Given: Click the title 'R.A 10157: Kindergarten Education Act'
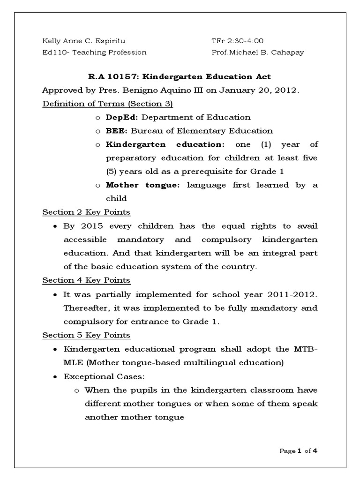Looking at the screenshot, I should pos(180,76).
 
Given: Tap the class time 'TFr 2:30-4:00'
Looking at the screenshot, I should pos(234,41).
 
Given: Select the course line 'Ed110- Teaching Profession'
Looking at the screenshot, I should pos(94,52).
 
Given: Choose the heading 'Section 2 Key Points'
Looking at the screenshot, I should pos(86,212).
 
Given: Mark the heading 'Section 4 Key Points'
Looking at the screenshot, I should pos(86,280).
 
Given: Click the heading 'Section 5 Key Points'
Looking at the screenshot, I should pos(86,335).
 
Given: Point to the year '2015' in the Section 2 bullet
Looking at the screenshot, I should pos(91,226).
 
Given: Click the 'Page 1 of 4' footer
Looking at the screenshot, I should pos(299,451).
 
